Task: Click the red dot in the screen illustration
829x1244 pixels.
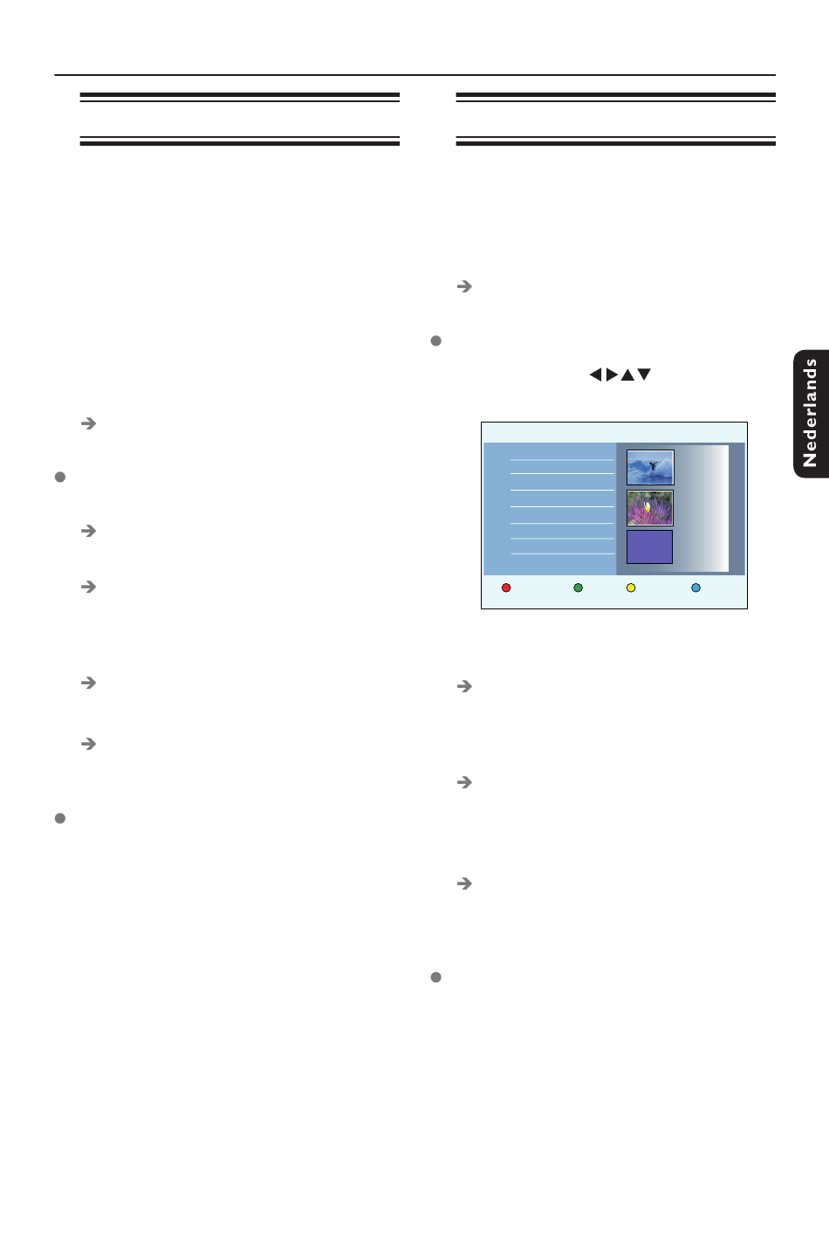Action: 506,588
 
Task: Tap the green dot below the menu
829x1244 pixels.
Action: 578,588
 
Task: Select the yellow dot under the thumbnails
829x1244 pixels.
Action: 631,588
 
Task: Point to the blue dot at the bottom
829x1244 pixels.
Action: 695,588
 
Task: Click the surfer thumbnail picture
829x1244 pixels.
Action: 650,468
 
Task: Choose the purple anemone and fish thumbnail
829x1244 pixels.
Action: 650,508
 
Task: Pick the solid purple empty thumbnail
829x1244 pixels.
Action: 650,547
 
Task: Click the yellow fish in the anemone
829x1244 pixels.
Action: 647,506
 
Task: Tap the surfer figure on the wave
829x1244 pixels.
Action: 652,465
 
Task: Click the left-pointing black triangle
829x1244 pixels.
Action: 595,375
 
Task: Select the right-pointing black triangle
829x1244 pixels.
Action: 612,375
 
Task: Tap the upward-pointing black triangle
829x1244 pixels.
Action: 627,375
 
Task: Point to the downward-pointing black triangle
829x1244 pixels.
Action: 644,375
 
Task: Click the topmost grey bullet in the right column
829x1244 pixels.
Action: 436,340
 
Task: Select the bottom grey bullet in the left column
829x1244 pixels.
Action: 60,818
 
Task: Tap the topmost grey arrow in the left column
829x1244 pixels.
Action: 88,423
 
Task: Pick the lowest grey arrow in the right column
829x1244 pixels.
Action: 465,883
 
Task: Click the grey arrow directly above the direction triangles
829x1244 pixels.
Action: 465,286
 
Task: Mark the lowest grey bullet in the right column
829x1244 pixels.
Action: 436,977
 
